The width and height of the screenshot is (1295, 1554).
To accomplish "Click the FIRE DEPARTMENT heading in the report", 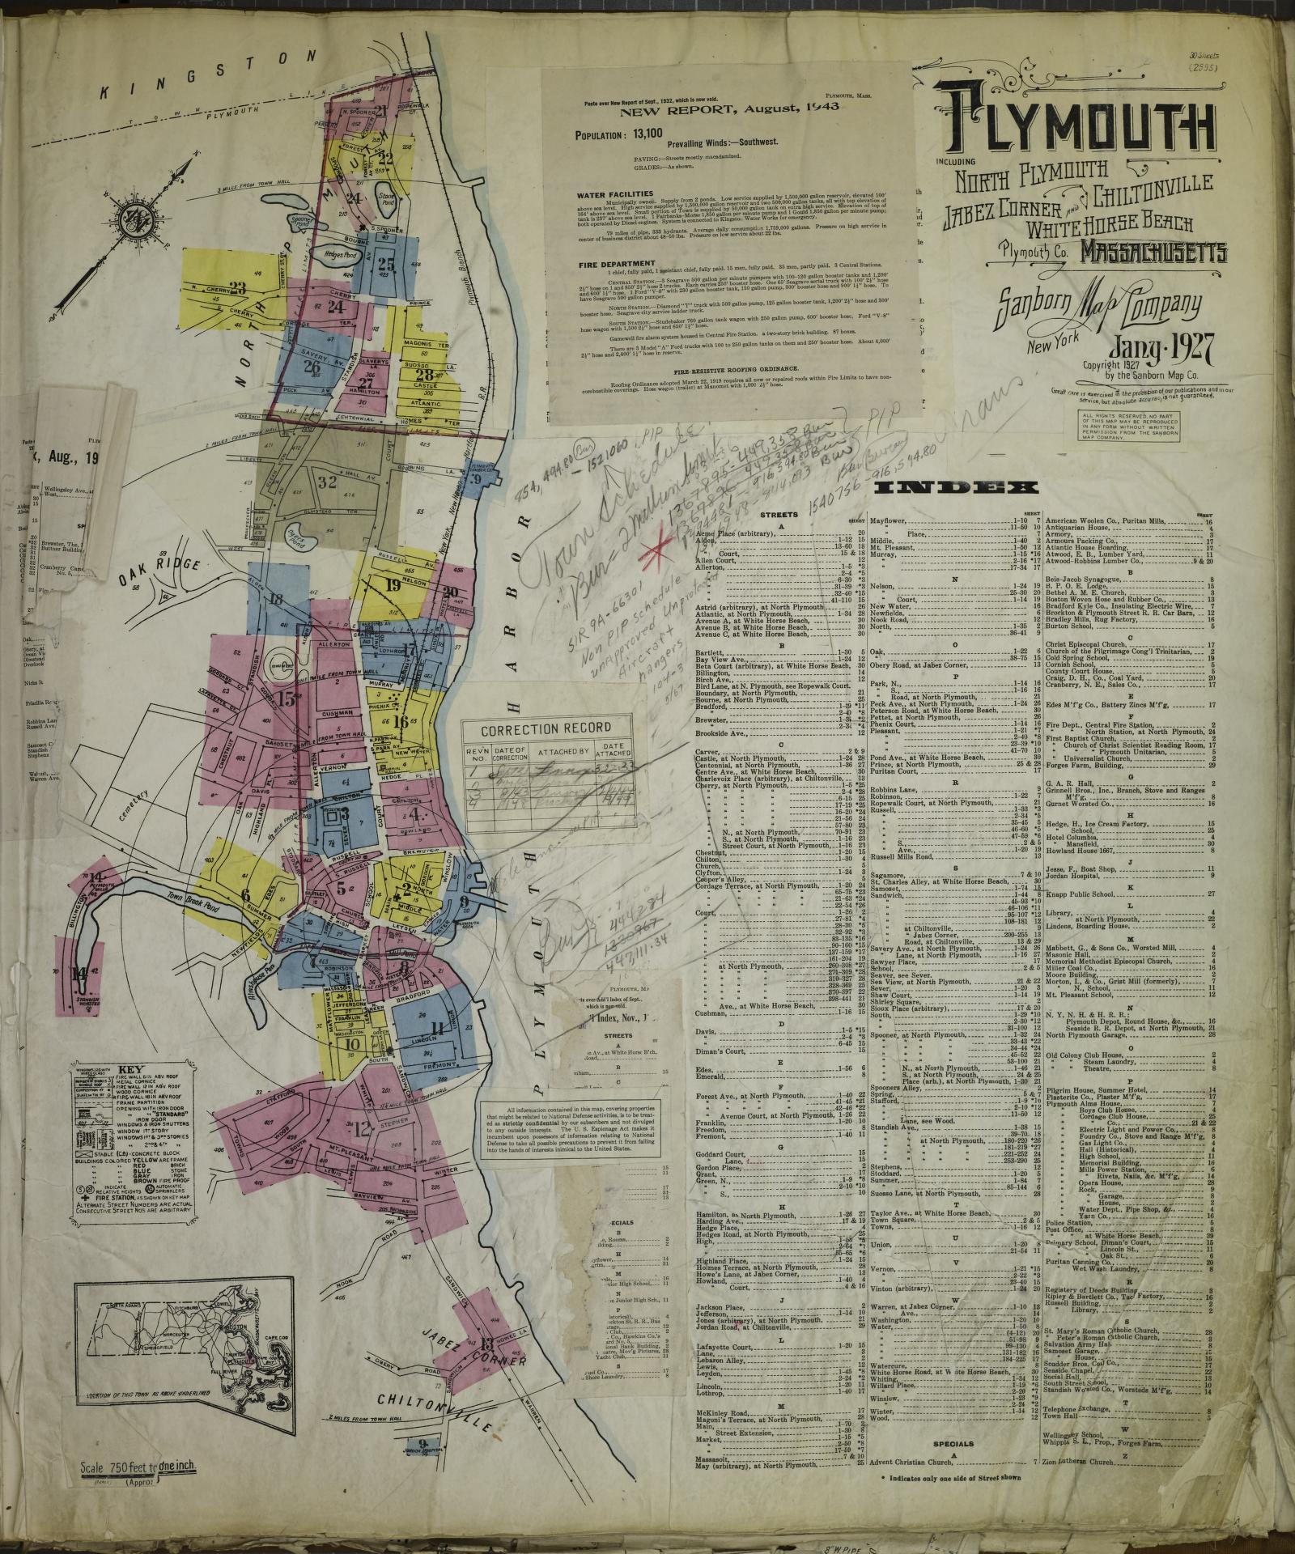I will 617,264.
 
